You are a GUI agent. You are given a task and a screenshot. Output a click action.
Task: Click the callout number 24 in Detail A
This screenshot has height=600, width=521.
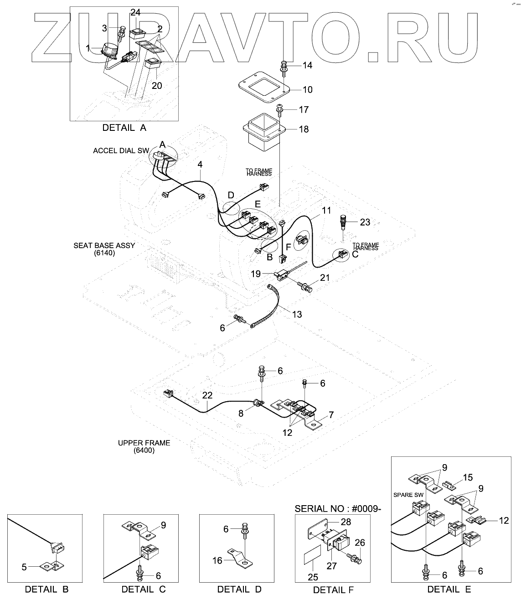pyautogui.click(x=135, y=12)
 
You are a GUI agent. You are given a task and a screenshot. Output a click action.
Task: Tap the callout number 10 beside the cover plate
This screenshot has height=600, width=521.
pyautogui.click(x=307, y=90)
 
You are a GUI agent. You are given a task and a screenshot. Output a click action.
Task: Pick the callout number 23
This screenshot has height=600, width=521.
pyautogui.click(x=365, y=222)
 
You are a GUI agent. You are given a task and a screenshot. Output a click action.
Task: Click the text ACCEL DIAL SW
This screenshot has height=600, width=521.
pyautogui.click(x=121, y=151)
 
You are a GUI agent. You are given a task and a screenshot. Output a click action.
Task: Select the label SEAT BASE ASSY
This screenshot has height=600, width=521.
pyautogui.click(x=104, y=245)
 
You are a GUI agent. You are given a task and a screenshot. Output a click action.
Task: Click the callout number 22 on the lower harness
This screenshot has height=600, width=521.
pyautogui.click(x=207, y=395)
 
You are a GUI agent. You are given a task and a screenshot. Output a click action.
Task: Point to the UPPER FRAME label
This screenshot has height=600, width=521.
pyautogui.click(x=144, y=443)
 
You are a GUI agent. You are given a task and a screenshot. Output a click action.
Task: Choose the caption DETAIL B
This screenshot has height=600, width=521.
pyautogui.click(x=46, y=589)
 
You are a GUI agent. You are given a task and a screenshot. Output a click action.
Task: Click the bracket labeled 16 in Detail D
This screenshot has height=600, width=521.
pyautogui.click(x=240, y=559)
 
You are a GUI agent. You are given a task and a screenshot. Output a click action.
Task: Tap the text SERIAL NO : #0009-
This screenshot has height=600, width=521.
pyautogui.click(x=337, y=508)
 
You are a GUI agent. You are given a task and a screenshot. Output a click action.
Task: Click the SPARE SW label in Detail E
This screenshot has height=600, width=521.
pyautogui.click(x=408, y=495)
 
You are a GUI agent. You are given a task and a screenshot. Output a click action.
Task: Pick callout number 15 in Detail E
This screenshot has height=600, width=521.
pyautogui.click(x=468, y=477)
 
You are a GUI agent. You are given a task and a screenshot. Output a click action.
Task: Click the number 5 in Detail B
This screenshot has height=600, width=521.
pyautogui.click(x=24, y=567)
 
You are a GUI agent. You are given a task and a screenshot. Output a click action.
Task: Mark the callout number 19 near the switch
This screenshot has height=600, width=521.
pyautogui.click(x=256, y=274)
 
